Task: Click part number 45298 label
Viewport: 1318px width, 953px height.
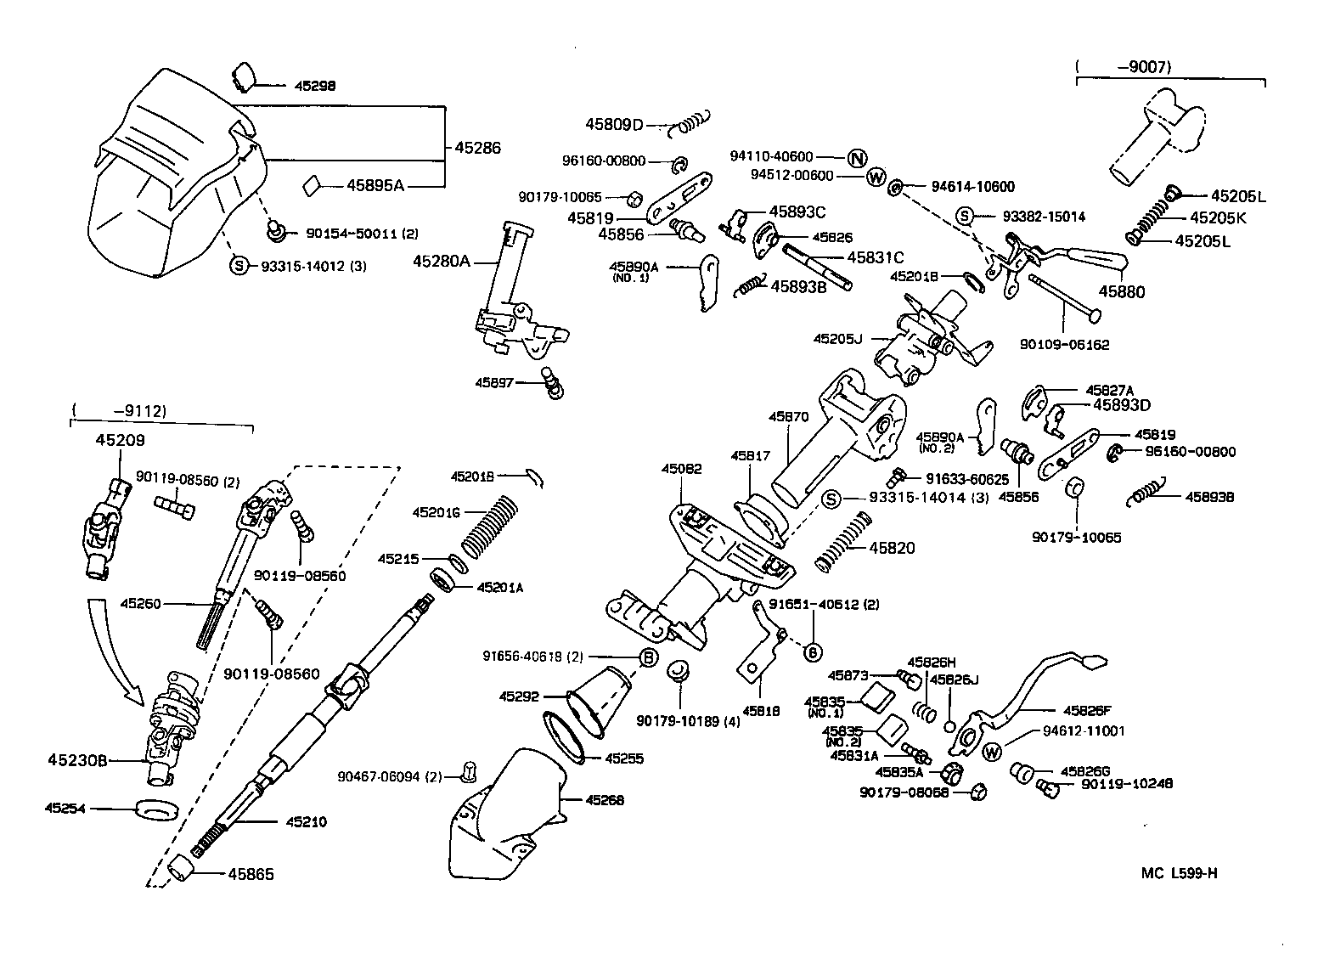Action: (x=315, y=86)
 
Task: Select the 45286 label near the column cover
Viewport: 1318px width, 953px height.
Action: (x=477, y=148)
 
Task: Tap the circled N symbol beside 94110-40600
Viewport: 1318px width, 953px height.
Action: (x=856, y=158)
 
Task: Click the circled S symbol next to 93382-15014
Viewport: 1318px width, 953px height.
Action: (x=965, y=216)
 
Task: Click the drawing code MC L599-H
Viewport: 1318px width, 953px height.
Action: (x=1179, y=873)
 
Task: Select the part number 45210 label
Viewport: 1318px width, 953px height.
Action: (x=306, y=822)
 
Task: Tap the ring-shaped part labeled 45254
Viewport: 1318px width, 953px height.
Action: (x=157, y=809)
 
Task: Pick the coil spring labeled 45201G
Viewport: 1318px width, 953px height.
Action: (x=489, y=522)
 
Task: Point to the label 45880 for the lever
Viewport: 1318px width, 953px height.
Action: (x=1122, y=291)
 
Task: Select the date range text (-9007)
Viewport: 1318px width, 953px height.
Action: (x=1123, y=66)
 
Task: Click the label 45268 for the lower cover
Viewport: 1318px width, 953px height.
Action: (x=603, y=800)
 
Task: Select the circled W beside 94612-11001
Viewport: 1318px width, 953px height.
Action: (x=991, y=752)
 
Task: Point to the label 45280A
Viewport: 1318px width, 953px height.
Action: (x=441, y=261)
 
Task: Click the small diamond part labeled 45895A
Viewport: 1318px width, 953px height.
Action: (x=312, y=184)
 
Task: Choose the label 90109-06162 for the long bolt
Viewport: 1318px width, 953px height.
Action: (x=1065, y=345)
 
